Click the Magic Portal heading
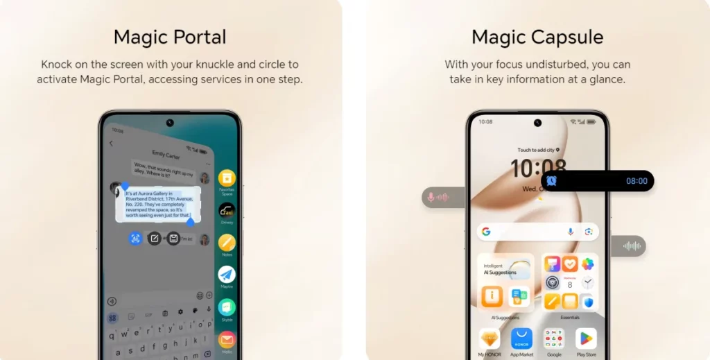click(170, 37)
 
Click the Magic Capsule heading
click(537, 37)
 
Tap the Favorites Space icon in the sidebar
click(227, 178)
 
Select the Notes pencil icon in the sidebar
click(227, 243)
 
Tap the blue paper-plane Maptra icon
click(227, 275)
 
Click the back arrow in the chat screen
click(111, 144)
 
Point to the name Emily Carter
click(166, 155)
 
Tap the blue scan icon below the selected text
click(135, 239)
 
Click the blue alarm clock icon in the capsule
click(551, 181)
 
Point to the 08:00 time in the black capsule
click(637, 181)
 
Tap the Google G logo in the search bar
click(486, 232)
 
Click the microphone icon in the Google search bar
click(571, 232)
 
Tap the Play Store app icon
click(586, 338)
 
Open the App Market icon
click(521, 338)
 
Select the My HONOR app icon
click(490, 338)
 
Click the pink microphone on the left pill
click(431, 198)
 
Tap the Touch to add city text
click(536, 150)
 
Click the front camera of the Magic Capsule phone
click(537, 123)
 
